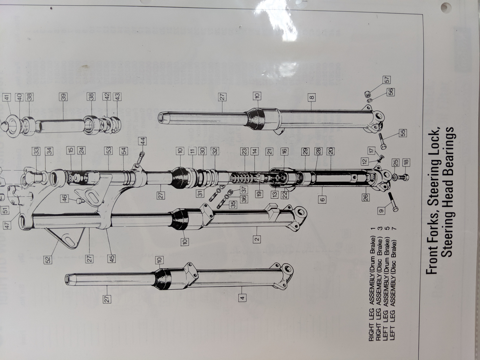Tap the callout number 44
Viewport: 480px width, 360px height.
click(143, 141)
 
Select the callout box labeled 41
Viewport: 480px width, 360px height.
click(7, 97)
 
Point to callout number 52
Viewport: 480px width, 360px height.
click(48, 260)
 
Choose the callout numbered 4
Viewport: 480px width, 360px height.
click(243, 297)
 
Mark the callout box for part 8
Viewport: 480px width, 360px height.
click(312, 97)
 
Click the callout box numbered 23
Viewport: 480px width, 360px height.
click(244, 151)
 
